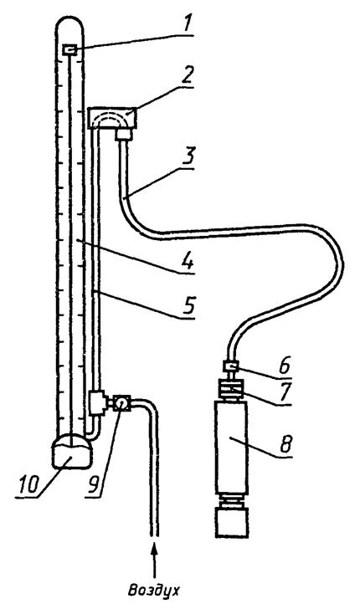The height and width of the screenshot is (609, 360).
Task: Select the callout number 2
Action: click(186, 76)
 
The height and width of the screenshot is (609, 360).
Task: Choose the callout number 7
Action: click(285, 392)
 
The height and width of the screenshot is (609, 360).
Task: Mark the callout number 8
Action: click(285, 444)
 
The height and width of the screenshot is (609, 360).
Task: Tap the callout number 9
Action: click(95, 484)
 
